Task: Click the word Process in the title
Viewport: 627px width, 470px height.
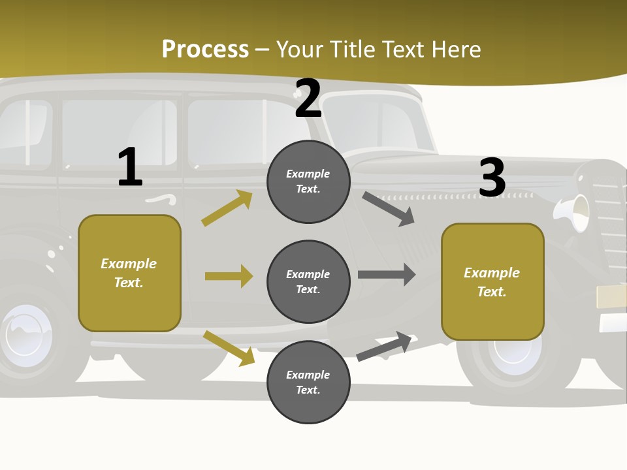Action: pos(205,50)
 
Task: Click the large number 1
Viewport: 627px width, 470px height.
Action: pos(130,167)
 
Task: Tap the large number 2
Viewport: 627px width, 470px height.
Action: pos(308,99)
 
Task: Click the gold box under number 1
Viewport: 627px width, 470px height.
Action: pos(129,273)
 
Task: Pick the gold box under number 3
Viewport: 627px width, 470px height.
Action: pos(492,282)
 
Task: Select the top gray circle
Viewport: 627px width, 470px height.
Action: pos(308,181)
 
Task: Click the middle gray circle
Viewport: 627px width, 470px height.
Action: pos(308,281)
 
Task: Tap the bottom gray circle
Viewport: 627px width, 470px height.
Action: pos(308,382)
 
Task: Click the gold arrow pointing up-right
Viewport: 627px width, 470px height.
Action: pos(227,208)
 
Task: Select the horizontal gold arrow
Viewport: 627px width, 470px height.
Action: pos(229,276)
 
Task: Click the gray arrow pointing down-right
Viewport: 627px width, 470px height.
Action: pos(389,209)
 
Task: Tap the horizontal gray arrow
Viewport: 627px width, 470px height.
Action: pos(387,275)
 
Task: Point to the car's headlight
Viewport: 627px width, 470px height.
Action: pos(576,212)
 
